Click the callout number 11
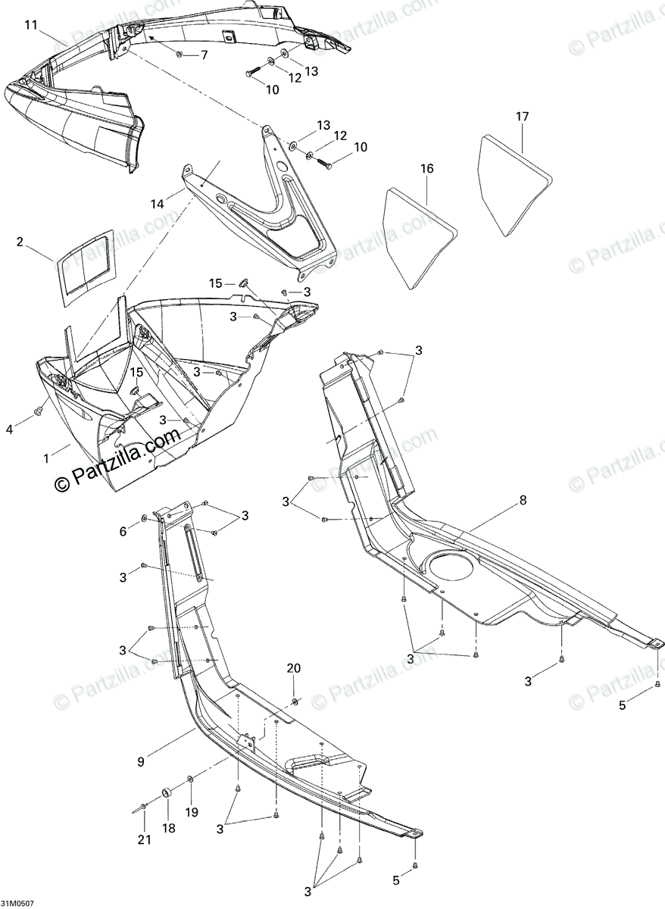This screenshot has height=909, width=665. click(30, 25)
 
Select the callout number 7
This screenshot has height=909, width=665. click(203, 55)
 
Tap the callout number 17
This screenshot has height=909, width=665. click(523, 117)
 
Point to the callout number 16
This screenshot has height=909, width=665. click(427, 168)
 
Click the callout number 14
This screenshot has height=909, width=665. click(157, 204)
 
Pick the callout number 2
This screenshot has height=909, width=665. click(20, 242)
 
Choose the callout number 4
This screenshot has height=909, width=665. click(10, 430)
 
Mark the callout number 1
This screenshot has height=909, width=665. click(47, 458)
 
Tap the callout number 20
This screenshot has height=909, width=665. click(293, 667)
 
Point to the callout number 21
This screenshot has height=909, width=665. click(145, 839)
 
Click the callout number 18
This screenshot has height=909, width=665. click(169, 829)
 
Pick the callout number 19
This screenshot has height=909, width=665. click(192, 811)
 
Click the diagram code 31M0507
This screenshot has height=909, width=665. click(17, 904)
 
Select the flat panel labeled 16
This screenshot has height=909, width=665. click(417, 235)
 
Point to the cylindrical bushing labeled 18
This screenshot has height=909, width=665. click(167, 795)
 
